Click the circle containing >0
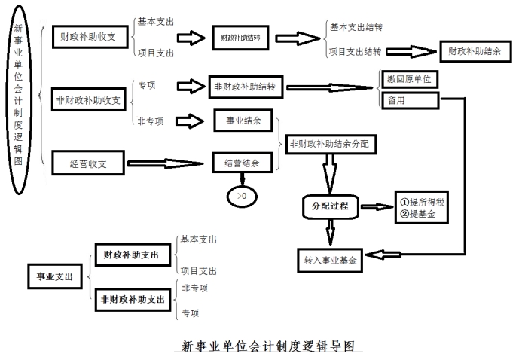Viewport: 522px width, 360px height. click(241, 196)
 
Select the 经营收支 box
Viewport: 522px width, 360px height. click(87, 160)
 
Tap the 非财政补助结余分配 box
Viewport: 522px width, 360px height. click(331, 143)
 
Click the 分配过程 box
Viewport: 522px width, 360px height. click(330, 205)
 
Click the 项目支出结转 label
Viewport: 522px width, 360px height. click(356, 52)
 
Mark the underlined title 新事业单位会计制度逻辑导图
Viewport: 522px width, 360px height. click(272, 346)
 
